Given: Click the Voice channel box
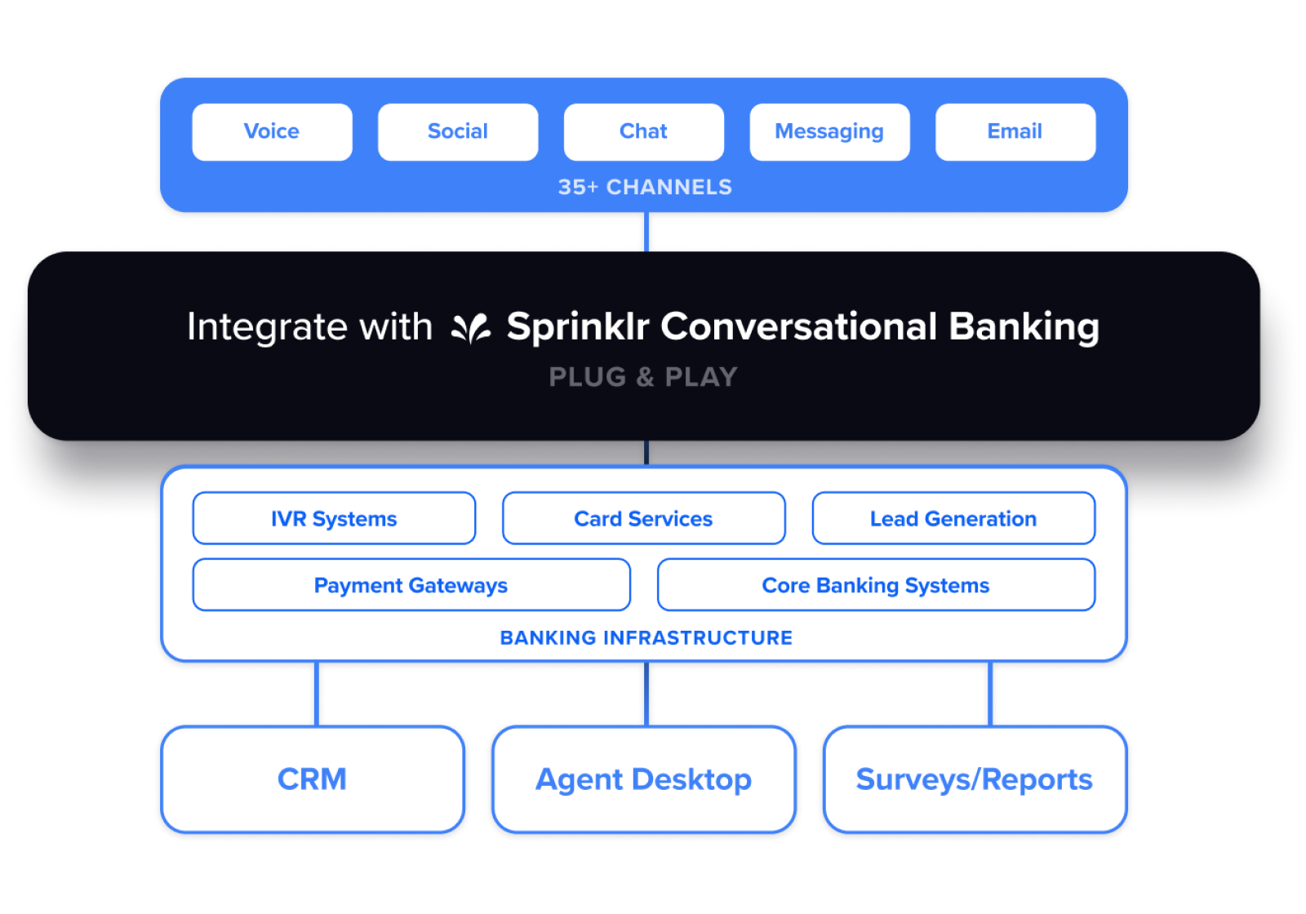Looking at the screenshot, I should tap(272, 131).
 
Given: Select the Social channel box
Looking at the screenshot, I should tap(458, 131).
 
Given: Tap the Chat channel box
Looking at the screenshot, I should tap(643, 131).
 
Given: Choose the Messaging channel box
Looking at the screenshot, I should tap(829, 131).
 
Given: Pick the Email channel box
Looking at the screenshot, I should tap(1015, 131).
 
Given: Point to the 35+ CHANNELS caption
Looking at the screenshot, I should tap(645, 187).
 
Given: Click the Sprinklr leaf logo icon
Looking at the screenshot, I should tap(471, 328).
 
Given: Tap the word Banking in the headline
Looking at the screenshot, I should tap(1024, 326).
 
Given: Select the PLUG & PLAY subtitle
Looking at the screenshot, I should tap(643, 377).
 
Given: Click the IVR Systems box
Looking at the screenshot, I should tap(334, 518).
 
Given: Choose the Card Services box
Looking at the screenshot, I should tap(643, 518).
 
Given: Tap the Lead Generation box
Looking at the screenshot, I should tap(953, 518).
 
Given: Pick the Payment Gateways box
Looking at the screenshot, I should tap(411, 585).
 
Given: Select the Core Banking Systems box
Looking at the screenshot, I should tap(876, 585).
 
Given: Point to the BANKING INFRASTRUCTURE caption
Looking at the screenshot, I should tap(646, 637).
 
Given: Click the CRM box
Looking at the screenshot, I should tap(312, 779).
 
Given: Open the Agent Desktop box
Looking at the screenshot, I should tap(643, 779).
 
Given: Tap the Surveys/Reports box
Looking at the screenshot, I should tap(974, 779).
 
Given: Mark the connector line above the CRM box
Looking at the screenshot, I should tap(315, 694).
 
